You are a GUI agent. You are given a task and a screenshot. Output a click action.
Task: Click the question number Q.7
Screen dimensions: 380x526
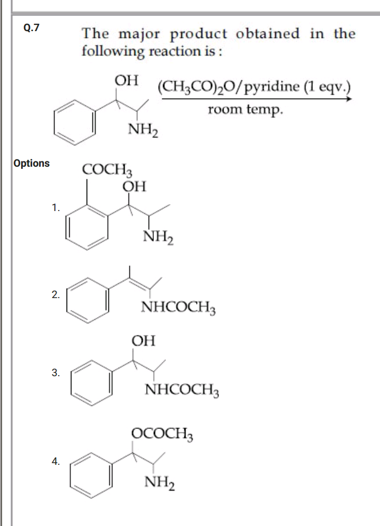(x=31, y=27)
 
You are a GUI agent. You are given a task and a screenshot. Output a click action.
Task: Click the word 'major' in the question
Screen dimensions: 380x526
(x=140, y=34)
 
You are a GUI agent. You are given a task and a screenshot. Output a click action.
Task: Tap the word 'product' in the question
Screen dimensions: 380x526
(x=198, y=34)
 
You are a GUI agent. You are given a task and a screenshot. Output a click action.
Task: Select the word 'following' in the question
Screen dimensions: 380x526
(x=113, y=51)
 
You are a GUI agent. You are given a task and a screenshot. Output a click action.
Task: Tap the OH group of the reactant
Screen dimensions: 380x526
(x=126, y=81)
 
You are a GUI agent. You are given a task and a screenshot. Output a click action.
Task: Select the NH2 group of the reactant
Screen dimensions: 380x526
(x=143, y=129)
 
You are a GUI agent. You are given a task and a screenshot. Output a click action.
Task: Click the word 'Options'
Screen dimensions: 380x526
(x=32, y=164)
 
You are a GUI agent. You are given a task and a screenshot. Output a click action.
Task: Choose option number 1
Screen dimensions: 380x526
(x=56, y=208)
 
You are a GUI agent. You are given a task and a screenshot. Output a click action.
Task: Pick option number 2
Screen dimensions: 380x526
(x=56, y=295)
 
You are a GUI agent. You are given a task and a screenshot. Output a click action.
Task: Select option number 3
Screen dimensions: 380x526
(x=56, y=372)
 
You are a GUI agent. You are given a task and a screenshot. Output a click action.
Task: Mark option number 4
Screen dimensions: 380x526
(x=56, y=462)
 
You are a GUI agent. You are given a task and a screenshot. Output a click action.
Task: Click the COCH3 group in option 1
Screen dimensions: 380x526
(x=107, y=169)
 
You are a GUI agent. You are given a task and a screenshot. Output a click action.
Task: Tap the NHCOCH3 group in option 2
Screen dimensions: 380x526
(x=179, y=307)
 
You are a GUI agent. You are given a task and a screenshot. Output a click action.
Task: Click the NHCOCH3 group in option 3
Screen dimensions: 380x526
(x=182, y=390)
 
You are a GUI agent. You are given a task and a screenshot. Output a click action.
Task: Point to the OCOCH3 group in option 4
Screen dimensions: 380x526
(x=162, y=434)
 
